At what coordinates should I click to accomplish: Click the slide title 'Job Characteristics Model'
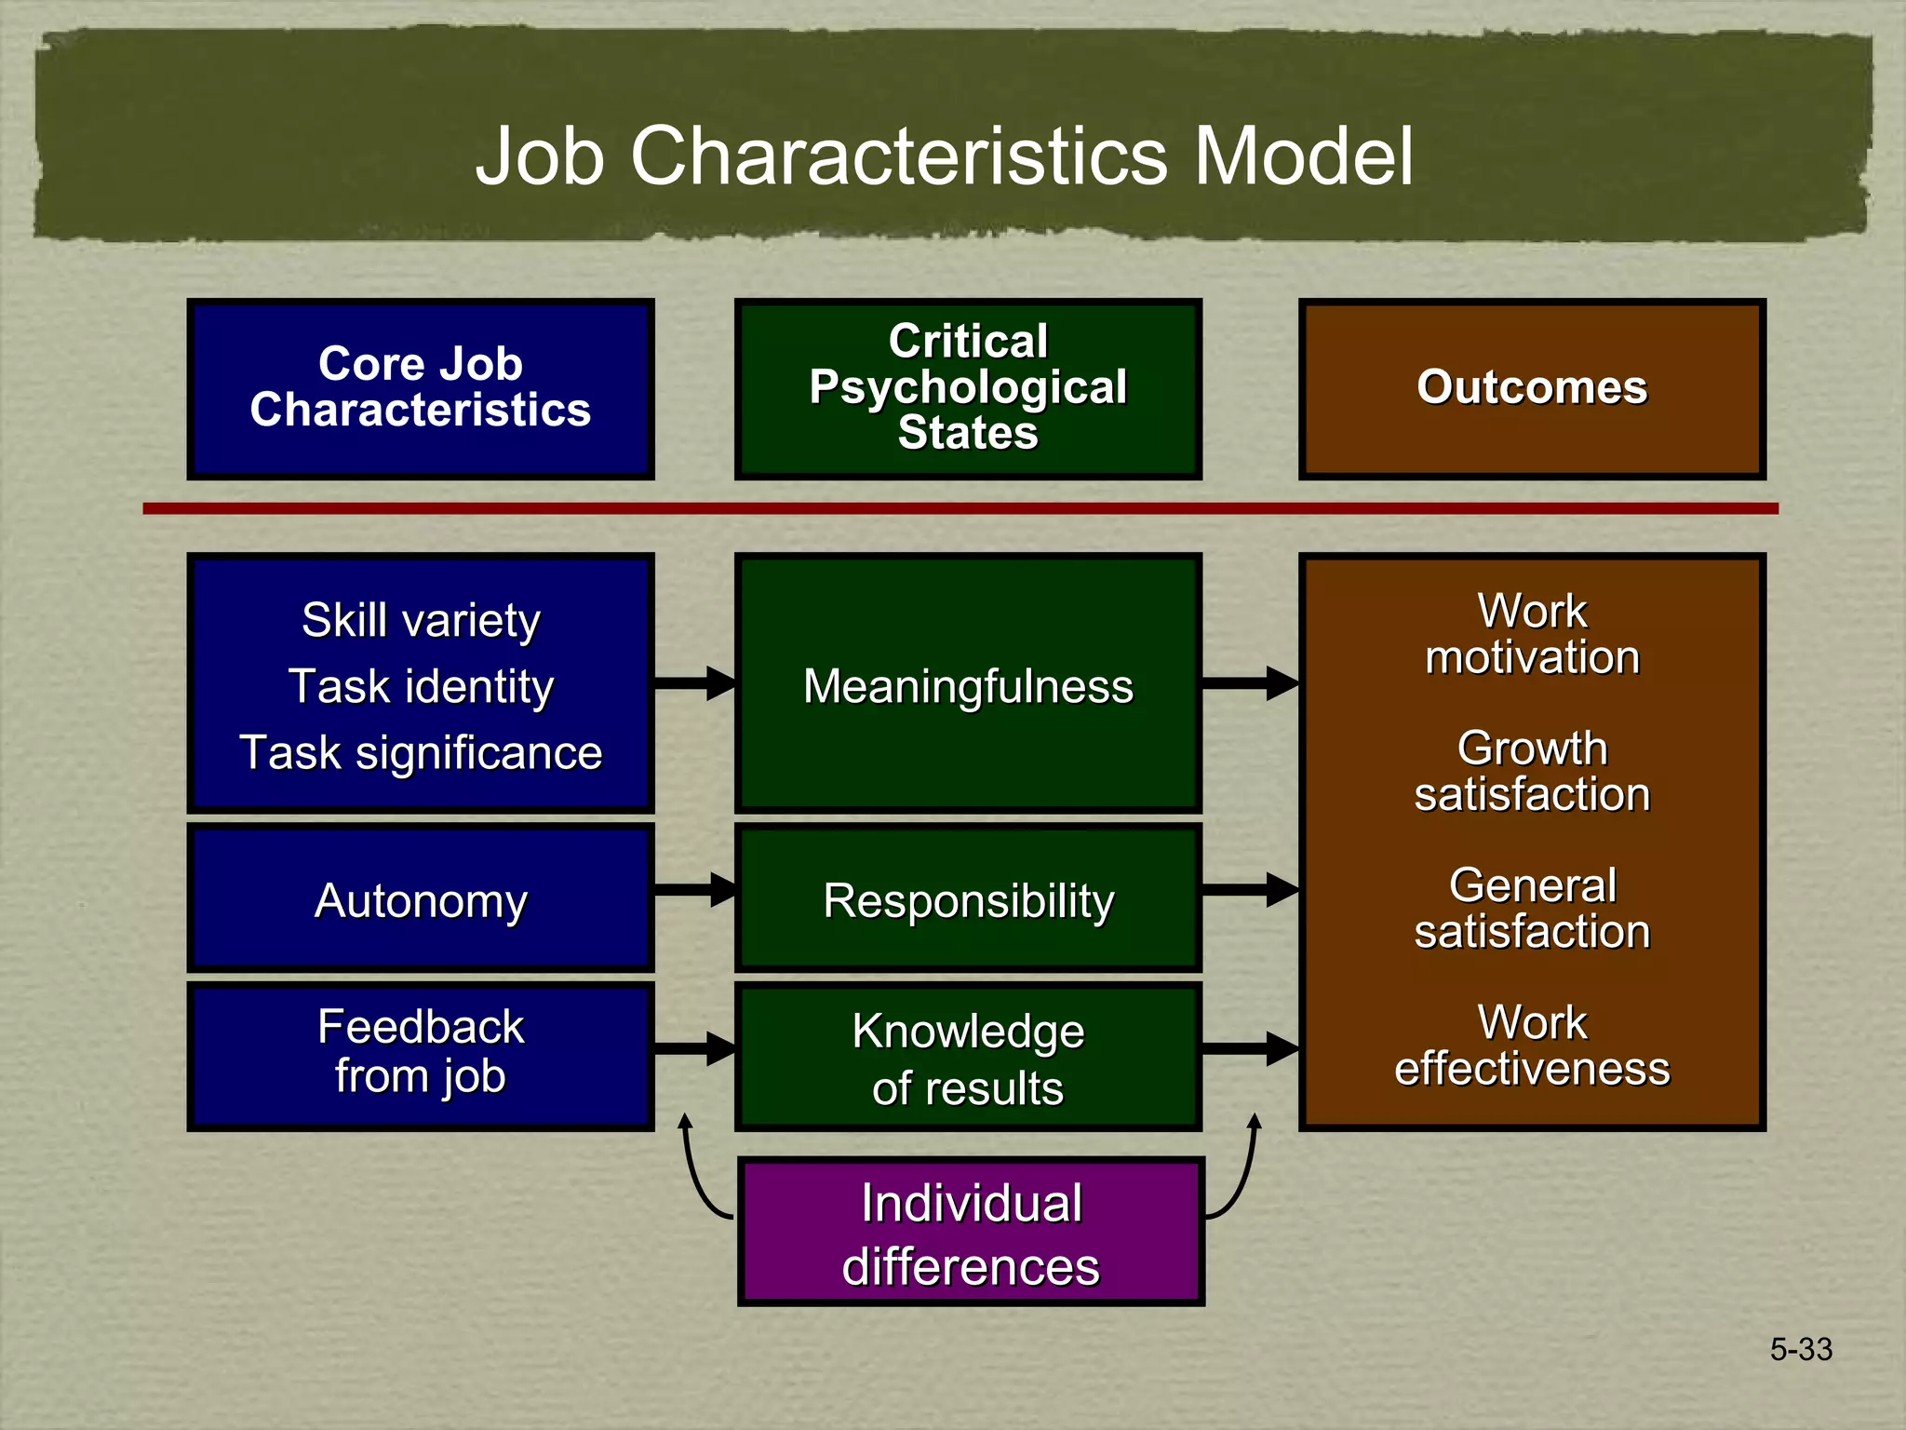tap(944, 155)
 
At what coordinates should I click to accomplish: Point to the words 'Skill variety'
tap(421, 621)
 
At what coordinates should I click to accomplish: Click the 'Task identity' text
tap(421, 687)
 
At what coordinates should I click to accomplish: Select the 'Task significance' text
tap(421, 753)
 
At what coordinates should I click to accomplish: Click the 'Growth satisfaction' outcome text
tap(1532, 772)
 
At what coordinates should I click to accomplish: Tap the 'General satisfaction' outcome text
tap(1532, 909)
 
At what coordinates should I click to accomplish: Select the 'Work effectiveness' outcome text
tap(1532, 1046)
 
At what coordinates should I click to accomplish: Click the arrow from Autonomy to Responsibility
tap(694, 890)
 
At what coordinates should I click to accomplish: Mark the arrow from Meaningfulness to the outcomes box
tap(1249, 683)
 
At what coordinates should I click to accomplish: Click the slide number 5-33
tap(1801, 1349)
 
